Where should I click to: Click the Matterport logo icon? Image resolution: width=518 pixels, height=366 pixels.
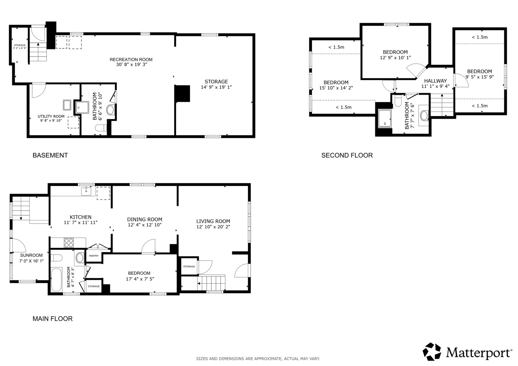pyautogui.click(x=431, y=351)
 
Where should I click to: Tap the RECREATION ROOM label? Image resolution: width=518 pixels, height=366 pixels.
pyautogui.click(x=131, y=59)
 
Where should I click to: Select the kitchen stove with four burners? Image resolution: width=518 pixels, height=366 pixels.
pyautogui.click(x=69, y=243)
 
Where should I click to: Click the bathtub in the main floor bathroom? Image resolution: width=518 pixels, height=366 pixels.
pyautogui.click(x=56, y=280)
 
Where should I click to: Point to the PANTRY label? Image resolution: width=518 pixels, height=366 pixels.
pyautogui.click(x=94, y=256)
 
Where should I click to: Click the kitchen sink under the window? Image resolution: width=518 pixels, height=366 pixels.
pyautogui.click(x=86, y=191)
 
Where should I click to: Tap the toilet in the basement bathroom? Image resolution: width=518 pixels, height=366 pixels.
pyautogui.click(x=101, y=128)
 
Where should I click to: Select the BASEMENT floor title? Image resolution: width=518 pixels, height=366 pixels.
pyautogui.click(x=50, y=155)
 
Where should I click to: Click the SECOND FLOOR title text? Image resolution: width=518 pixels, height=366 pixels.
pyautogui.click(x=347, y=155)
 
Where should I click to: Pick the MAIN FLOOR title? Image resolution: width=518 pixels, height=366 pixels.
pyautogui.click(x=53, y=319)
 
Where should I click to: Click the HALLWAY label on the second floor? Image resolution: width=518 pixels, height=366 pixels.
pyautogui.click(x=435, y=81)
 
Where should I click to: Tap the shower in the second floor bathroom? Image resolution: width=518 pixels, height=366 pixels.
pyautogui.click(x=384, y=119)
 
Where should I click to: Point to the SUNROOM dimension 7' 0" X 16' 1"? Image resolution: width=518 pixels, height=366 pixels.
pyautogui.click(x=31, y=261)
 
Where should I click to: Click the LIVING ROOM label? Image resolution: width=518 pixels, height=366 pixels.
pyautogui.click(x=213, y=221)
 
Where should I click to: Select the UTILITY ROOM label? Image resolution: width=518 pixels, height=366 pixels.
pyautogui.click(x=51, y=116)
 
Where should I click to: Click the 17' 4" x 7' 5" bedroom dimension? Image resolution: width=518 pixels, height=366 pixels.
pyautogui.click(x=140, y=279)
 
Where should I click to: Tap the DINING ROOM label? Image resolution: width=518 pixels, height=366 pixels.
pyautogui.click(x=145, y=219)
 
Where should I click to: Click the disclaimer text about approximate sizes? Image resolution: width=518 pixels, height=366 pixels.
pyautogui.click(x=258, y=359)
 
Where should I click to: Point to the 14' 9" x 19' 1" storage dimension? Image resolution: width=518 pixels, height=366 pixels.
pyautogui.click(x=216, y=87)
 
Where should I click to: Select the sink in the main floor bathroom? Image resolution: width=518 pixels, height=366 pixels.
pyautogui.click(x=80, y=258)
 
